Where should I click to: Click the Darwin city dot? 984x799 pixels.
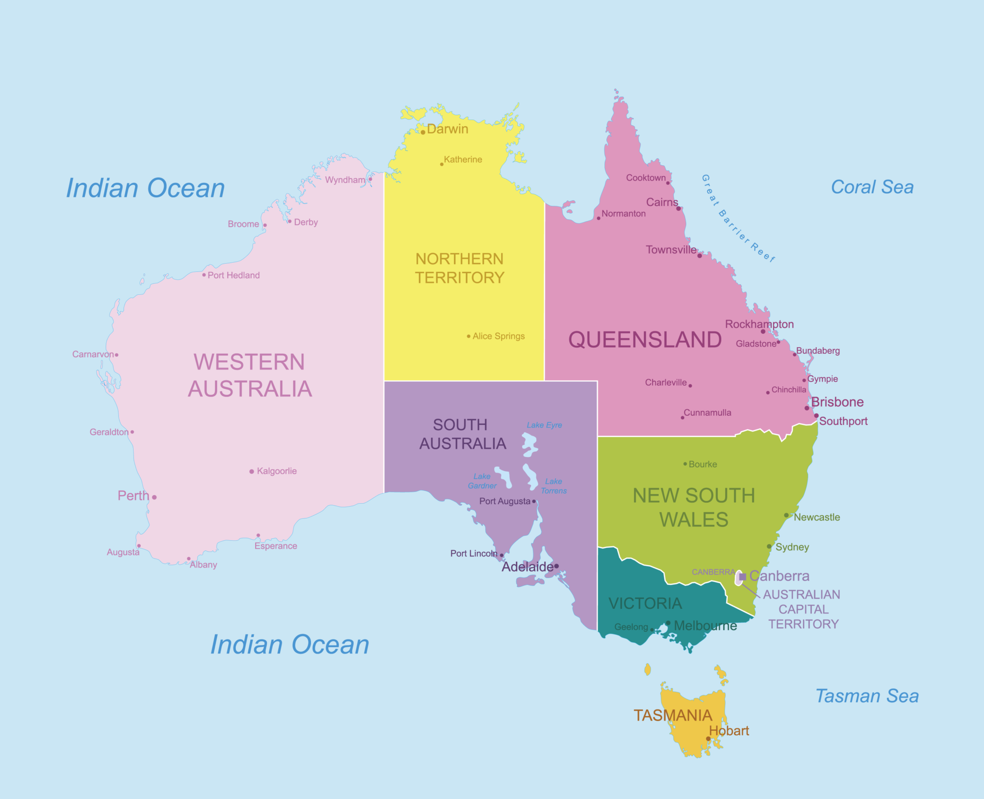pos(423,132)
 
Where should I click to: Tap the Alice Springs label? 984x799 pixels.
pos(498,336)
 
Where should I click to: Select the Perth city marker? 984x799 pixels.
pos(154,497)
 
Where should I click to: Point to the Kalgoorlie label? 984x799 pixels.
pos(276,471)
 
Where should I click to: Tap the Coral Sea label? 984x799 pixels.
pos(872,187)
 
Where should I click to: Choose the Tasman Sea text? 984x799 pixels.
pos(867,696)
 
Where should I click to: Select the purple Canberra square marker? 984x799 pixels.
pos(743,577)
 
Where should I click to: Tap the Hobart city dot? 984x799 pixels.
pos(708,738)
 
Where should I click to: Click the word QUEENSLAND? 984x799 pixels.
pos(645,339)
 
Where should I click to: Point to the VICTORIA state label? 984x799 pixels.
pos(645,603)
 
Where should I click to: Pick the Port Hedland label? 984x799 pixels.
pos(234,275)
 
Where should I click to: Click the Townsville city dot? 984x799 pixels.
pos(700,255)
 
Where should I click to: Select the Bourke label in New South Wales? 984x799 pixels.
pos(702,464)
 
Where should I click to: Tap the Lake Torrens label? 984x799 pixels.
pos(553,486)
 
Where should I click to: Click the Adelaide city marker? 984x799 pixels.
pos(556,566)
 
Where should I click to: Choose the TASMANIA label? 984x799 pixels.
pos(673,715)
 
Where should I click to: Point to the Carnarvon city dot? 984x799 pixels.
pos(117,355)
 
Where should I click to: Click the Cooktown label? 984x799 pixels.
pos(645,178)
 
